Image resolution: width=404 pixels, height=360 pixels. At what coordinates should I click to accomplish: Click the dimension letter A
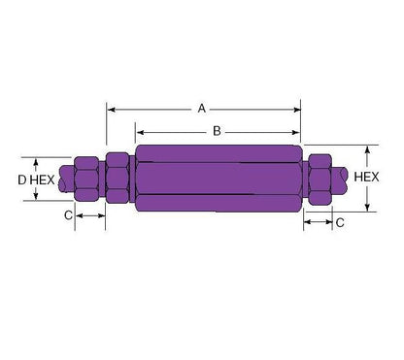click(202, 109)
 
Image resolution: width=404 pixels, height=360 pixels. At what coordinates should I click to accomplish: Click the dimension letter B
click(217, 131)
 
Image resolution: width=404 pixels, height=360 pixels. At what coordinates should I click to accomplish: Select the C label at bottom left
click(68, 215)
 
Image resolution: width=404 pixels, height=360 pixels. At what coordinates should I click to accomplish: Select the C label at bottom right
click(340, 222)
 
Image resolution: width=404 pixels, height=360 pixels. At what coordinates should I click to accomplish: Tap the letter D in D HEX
click(22, 180)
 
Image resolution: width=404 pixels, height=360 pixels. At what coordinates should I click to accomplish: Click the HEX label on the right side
click(366, 177)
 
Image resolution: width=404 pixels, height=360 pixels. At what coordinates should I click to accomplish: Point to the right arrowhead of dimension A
click(297, 110)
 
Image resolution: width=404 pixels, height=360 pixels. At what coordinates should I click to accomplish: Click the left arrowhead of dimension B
click(140, 132)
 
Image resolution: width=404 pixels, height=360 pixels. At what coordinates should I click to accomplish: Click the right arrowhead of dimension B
click(296, 132)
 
